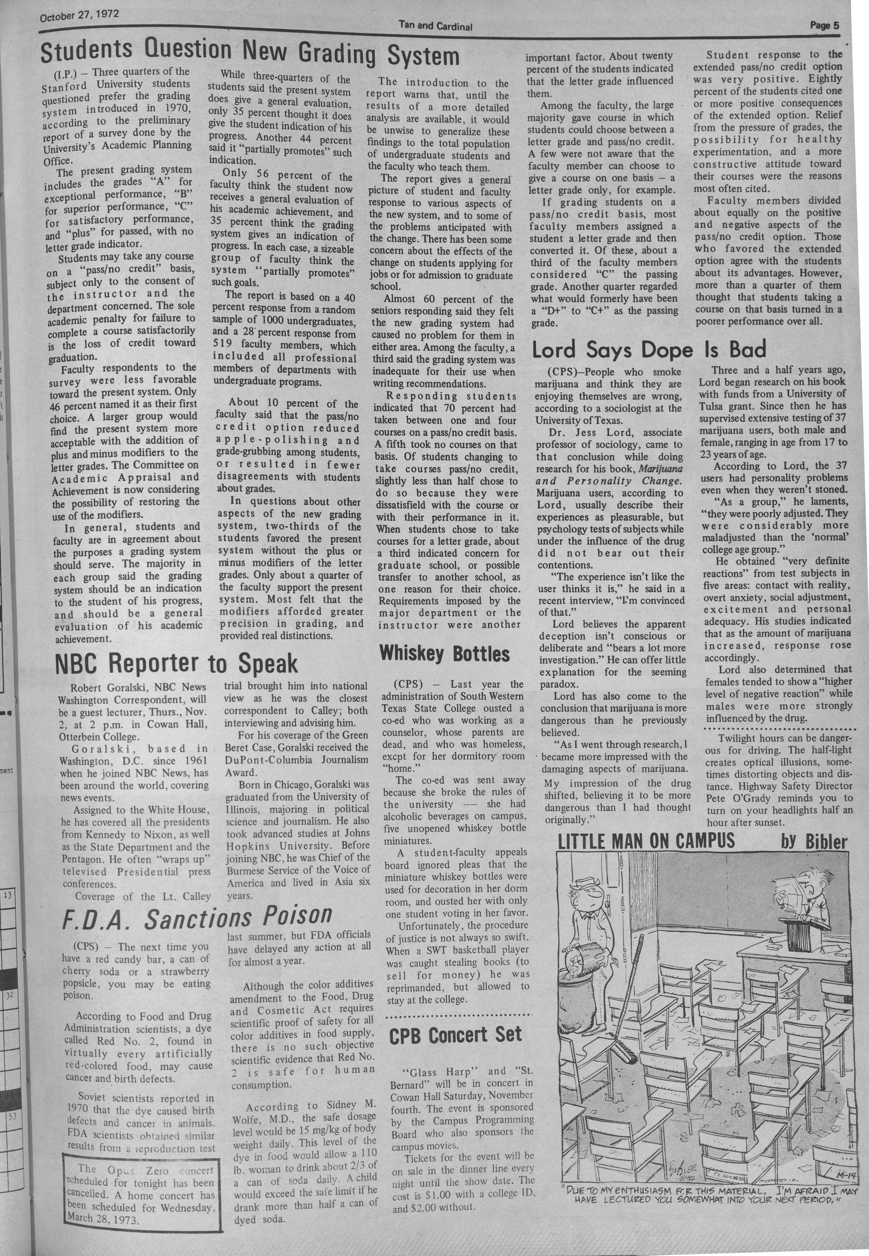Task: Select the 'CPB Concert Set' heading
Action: pos(455,1034)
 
